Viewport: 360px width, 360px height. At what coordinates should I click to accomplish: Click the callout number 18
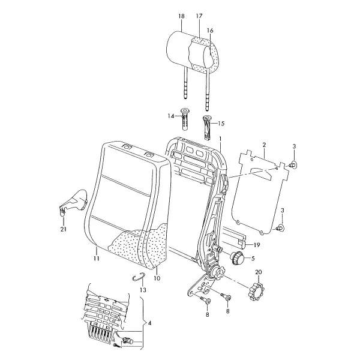pos(181,16)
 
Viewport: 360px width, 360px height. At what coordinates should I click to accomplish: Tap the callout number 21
pos(64,229)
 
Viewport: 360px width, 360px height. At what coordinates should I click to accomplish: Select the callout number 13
pos(143,290)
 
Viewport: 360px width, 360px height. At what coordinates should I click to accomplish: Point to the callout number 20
pos(259,272)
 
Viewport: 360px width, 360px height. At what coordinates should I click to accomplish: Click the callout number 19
pos(257,245)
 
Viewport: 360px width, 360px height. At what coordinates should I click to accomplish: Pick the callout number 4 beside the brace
pos(149,323)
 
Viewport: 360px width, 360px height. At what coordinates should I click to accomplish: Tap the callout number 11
pos(97,258)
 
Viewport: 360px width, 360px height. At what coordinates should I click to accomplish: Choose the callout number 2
pos(264,145)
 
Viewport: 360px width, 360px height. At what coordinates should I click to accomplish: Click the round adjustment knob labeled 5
pos(236,258)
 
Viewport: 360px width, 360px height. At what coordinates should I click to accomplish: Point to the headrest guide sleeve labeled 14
pos(185,119)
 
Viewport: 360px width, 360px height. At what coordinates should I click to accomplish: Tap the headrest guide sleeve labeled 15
pos(206,128)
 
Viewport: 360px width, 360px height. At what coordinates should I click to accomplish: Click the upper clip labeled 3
pos(293,164)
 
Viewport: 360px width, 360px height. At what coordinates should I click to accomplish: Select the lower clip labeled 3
pos(281,227)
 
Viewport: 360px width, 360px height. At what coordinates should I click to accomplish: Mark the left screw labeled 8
pos(205,299)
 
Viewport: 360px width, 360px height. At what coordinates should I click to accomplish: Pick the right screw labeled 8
pos(226,296)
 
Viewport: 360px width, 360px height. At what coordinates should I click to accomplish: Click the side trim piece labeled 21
pos(74,201)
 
